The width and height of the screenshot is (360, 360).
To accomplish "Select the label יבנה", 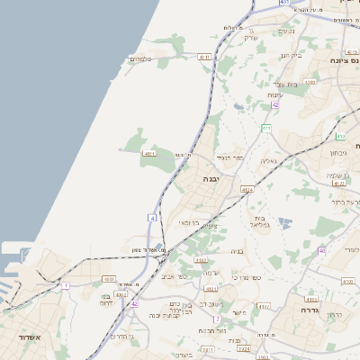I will pyautogui.click(x=211, y=180).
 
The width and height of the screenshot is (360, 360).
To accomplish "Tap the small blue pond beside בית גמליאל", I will pyautogui.click(x=285, y=222).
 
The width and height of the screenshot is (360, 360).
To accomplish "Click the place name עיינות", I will pyautogui.click(x=275, y=95).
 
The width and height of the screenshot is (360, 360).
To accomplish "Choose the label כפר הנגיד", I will pyautogui.click(x=231, y=158).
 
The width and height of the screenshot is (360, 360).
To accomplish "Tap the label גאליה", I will pyautogui.click(x=268, y=162).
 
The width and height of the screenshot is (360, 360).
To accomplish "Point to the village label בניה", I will pyautogui.click(x=238, y=251).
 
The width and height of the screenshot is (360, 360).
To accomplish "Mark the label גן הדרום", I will pyautogui.click(x=121, y=336).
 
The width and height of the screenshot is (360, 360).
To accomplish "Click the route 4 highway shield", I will pyautogui.click(x=153, y=218).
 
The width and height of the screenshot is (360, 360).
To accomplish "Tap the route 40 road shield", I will pyautogui.click(x=321, y=251).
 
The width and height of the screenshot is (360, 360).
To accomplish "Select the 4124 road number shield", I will pyautogui.click(x=247, y=190).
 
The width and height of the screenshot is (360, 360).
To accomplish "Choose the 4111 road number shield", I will pyautogui.click(x=149, y=154).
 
